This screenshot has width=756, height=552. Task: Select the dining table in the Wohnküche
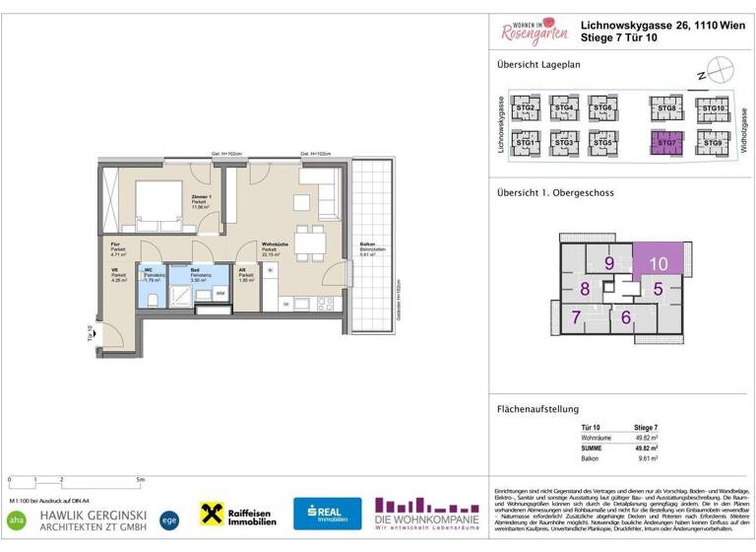pos(311,241)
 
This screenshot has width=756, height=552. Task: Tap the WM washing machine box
pos(220,293)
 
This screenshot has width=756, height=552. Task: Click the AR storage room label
pos(242,269)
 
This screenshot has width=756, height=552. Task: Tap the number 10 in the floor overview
pos(659,263)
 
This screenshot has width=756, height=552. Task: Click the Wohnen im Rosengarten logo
pos(534,33)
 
